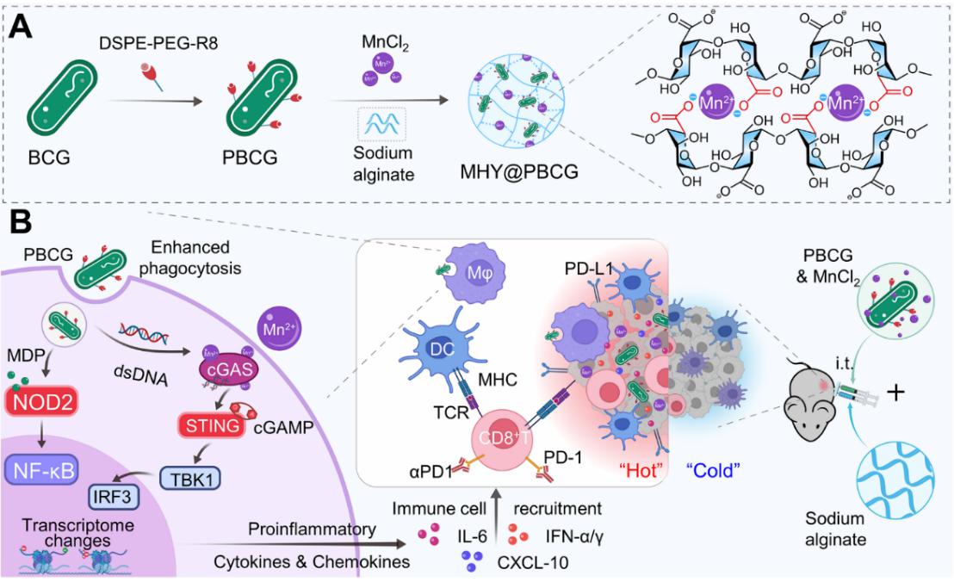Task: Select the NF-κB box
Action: [x=42, y=471]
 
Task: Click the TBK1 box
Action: [x=189, y=479]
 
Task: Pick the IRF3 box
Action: [x=113, y=497]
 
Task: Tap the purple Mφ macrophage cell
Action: [x=469, y=272]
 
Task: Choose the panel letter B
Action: [x=21, y=223]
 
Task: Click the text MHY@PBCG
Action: [x=519, y=172]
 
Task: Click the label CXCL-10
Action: [x=533, y=562]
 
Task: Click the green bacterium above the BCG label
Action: [x=62, y=97]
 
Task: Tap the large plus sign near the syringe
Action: [x=895, y=393]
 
